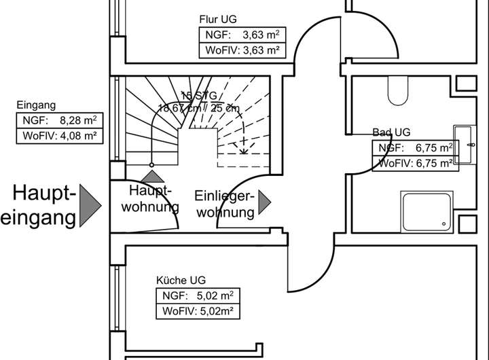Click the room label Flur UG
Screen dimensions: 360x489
[218, 19]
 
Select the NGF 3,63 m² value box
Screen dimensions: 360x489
[241, 35]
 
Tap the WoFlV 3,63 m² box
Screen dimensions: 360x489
[241, 50]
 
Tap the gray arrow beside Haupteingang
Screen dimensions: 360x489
[90, 205]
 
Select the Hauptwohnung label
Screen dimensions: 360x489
[149, 198]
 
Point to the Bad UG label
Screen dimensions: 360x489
[391, 132]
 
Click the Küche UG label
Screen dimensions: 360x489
[181, 280]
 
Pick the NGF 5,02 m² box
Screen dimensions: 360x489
[200, 295]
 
